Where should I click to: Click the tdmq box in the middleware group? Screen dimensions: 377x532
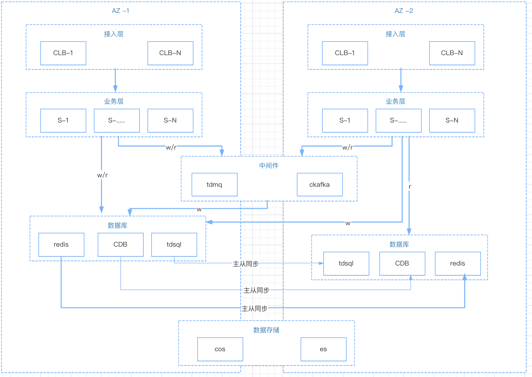tap(214, 185)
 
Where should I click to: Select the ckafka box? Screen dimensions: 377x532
tap(320, 185)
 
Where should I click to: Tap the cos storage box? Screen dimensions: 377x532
tap(220, 349)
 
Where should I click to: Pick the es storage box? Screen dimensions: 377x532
tap(323, 349)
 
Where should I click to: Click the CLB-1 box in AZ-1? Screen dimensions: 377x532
tap(63, 53)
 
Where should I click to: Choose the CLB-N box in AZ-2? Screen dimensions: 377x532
tap(452, 53)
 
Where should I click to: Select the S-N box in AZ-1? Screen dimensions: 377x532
tap(170, 121)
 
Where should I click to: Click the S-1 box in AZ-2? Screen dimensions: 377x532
tap(345, 121)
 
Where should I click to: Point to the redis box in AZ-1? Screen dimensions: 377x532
tap(61, 245)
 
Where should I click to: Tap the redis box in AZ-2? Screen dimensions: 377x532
tap(458, 264)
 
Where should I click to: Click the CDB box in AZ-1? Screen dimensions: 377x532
tap(120, 245)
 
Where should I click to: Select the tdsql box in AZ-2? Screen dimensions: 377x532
tap(346, 264)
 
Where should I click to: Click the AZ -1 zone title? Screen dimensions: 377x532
tap(120, 11)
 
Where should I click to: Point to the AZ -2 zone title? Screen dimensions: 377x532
tap(404, 11)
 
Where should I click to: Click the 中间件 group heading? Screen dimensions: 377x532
tap(269, 166)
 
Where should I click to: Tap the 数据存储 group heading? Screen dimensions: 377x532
tap(266, 330)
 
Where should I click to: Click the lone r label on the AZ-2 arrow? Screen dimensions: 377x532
tap(410, 187)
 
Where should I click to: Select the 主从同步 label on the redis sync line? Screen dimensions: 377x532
tap(254, 309)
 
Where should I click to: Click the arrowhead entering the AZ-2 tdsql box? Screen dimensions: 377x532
tap(321, 263)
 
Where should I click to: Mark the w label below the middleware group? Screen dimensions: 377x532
tap(199, 209)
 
